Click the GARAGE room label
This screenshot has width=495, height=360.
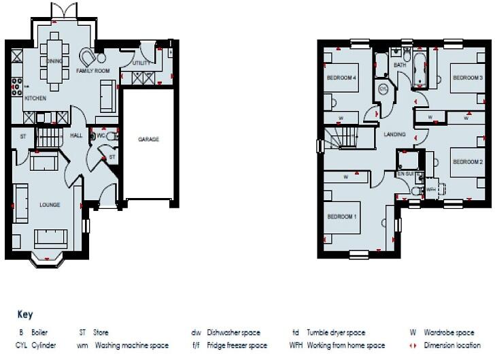point(149,139)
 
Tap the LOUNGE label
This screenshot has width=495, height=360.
point(50,204)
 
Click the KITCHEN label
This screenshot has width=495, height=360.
point(35,99)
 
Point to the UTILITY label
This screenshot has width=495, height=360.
point(141,63)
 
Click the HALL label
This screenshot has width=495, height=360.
point(75,135)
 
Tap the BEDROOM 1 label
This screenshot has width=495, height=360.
point(342,217)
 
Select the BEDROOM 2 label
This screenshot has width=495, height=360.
point(468,161)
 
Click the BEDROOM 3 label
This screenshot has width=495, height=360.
point(468,78)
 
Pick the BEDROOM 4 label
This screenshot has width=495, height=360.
point(341,78)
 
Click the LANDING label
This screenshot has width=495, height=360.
point(394,135)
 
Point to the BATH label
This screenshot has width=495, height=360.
point(400,65)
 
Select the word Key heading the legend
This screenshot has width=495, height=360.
point(24,316)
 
